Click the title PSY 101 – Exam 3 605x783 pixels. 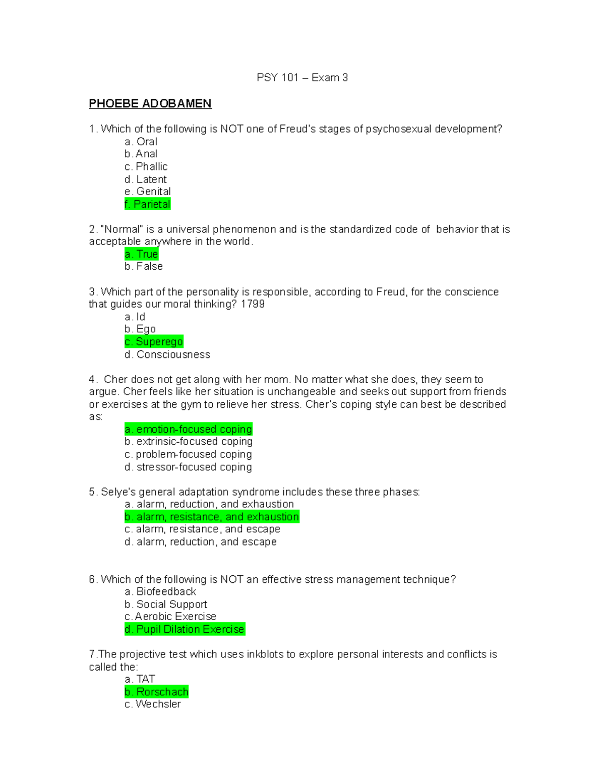pyautogui.click(x=302, y=78)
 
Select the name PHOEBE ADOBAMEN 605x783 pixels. pyautogui.click(x=150, y=104)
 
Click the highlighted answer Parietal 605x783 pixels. pyautogui.click(x=147, y=204)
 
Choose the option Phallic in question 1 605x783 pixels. pyautogui.click(x=146, y=166)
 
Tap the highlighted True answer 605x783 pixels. pyautogui.click(x=142, y=254)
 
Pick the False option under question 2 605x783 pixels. pyautogui.click(x=144, y=266)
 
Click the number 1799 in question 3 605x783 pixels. pyautogui.click(x=253, y=304)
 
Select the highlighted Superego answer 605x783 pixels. pyautogui.click(x=154, y=342)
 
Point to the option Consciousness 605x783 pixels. pyautogui.click(x=167, y=354)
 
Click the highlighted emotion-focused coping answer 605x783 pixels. pyautogui.click(x=189, y=429)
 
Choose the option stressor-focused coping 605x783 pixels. pyautogui.click(x=188, y=467)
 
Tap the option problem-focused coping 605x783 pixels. pyautogui.click(x=188, y=454)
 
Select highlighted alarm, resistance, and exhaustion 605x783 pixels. pyautogui.click(x=212, y=517)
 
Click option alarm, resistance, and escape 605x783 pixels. pyautogui.click(x=202, y=529)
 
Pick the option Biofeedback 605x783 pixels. pyautogui.click(x=160, y=591)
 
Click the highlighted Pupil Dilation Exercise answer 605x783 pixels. pyautogui.click(x=185, y=629)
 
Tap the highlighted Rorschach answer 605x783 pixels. pyautogui.click(x=157, y=692)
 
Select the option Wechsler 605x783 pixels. pyautogui.click(x=153, y=704)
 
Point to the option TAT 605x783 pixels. pyautogui.click(x=140, y=679)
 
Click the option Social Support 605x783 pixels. pyautogui.click(x=166, y=604)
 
